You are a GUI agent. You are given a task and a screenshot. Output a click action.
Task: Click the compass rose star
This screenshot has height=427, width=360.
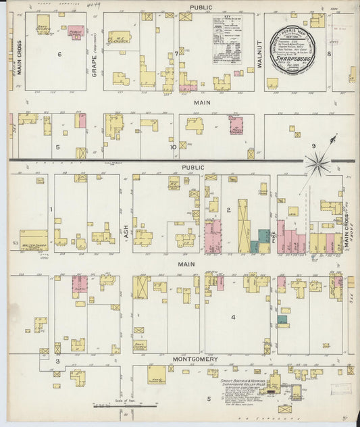coord(317,163)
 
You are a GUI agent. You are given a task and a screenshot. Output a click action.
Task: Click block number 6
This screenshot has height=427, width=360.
coord(59,54)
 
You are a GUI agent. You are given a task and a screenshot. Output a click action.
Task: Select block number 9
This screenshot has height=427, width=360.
coord(313,145)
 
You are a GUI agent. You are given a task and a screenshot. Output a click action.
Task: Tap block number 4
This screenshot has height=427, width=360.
coord(234,316)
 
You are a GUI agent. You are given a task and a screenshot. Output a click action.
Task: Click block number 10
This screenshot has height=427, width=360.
coord(173,147)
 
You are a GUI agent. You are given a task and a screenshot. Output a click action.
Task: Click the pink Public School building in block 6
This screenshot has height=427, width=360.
coord(76,32)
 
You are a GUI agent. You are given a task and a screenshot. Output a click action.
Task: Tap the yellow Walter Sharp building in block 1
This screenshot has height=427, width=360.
coord(33,238)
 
